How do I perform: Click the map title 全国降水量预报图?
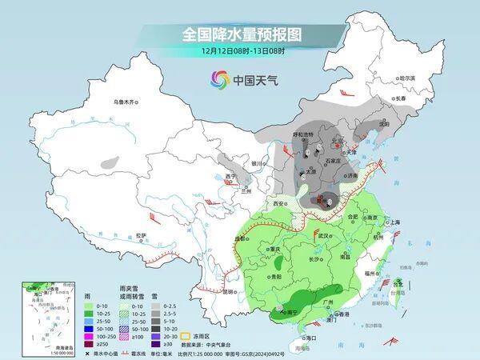coord(241,35)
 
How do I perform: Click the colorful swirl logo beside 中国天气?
coord(220,79)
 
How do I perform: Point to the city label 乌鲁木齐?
coord(126,102)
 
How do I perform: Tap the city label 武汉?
coord(323,236)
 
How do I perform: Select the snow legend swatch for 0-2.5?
coord(149,305)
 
